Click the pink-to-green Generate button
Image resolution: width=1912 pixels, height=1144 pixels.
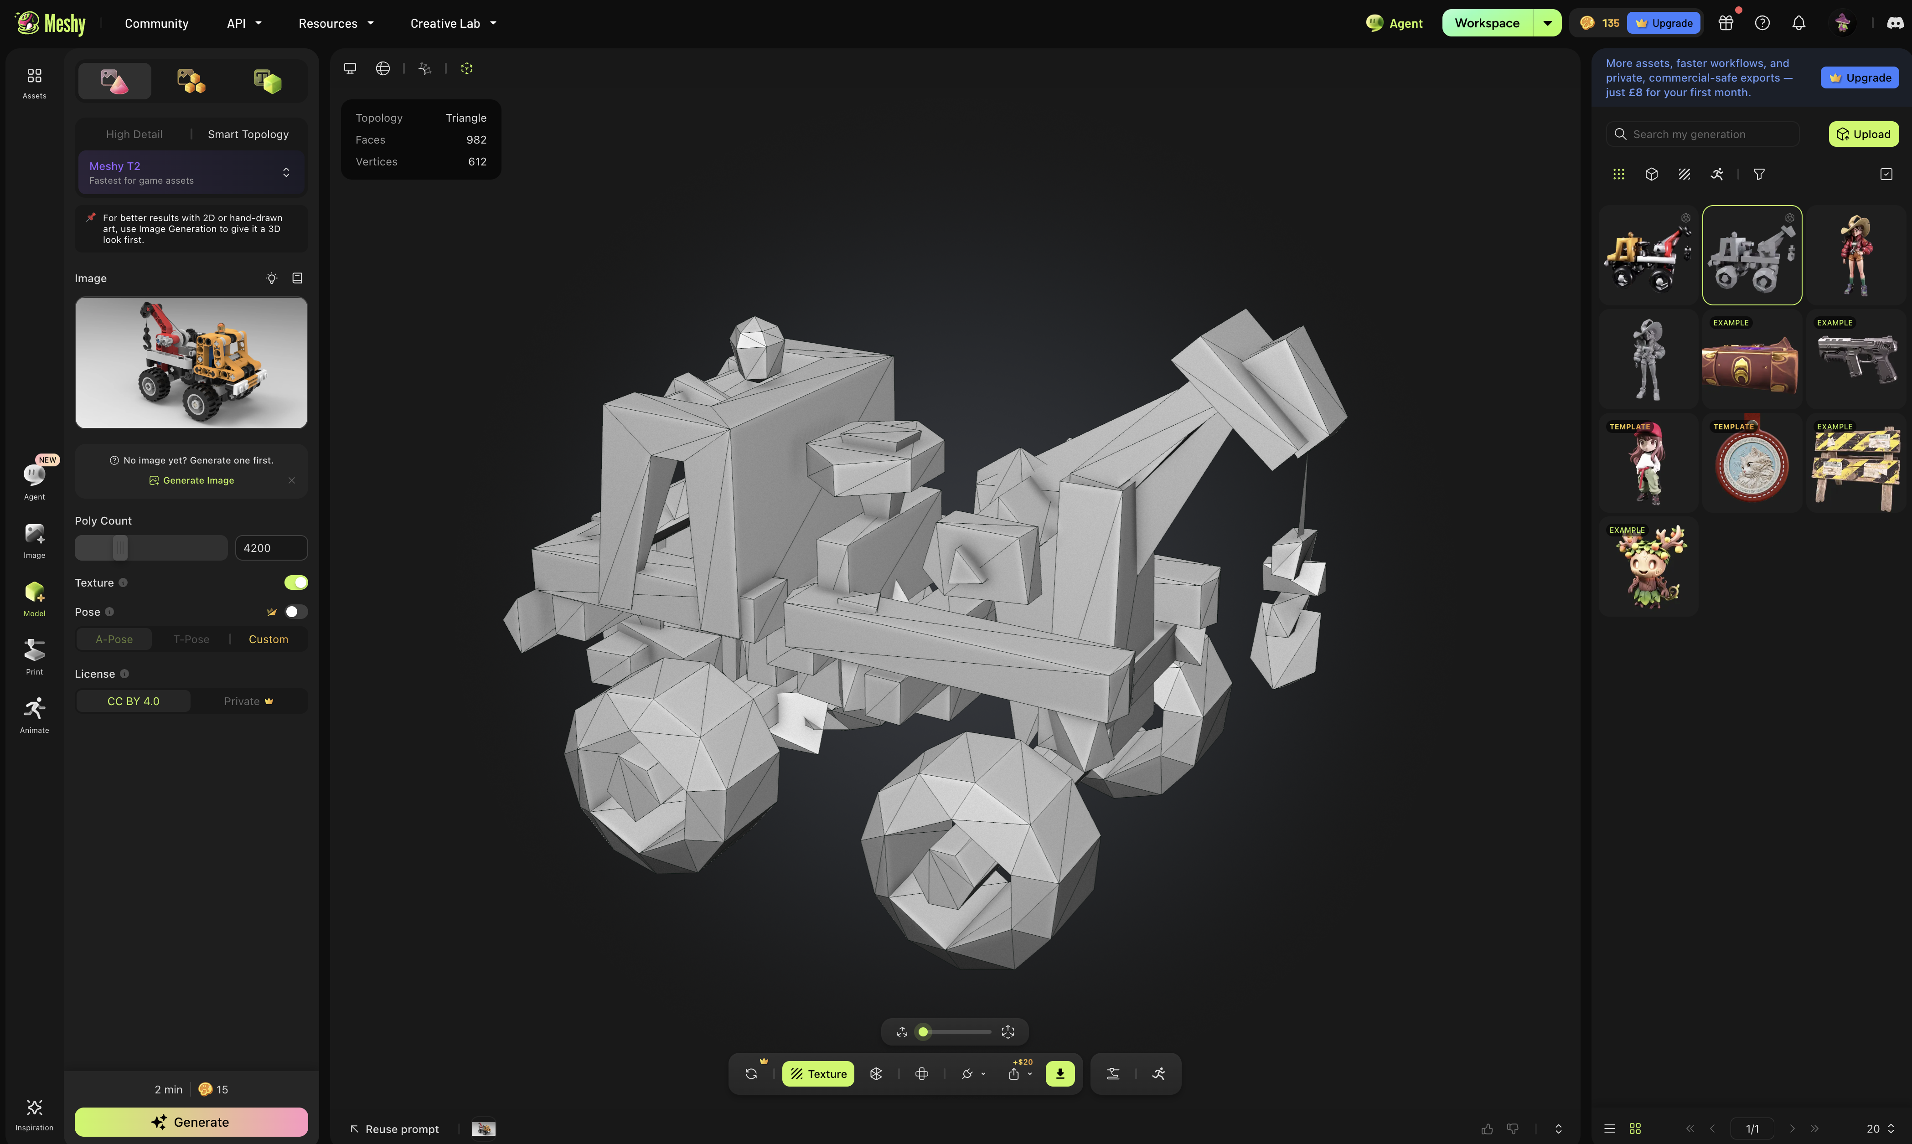[191, 1122]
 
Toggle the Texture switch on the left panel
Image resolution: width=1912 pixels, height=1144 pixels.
[296, 583]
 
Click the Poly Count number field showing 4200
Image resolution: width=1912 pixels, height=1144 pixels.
[271, 548]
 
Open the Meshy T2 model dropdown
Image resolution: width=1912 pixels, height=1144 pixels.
[191, 173]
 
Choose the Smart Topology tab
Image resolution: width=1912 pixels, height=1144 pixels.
[248, 134]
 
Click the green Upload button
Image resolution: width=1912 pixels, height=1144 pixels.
[1863, 134]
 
